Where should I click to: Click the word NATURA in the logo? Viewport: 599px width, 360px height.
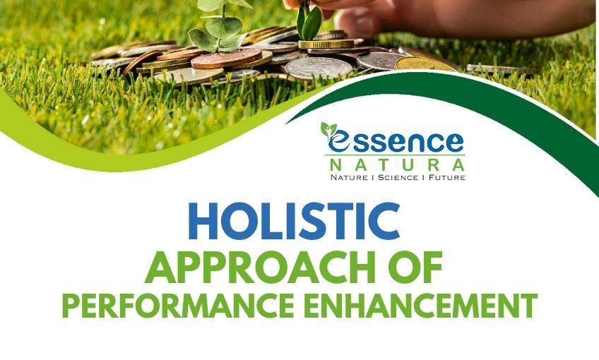[x=395, y=164]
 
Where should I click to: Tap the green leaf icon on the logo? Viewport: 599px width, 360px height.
[x=329, y=128]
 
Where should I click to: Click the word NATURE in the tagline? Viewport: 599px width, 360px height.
[x=351, y=176]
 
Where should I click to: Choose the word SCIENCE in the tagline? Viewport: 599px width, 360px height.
[x=397, y=176]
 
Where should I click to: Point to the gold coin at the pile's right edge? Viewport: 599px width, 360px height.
[x=423, y=64]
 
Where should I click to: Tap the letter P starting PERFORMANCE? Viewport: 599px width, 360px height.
[x=70, y=306]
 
